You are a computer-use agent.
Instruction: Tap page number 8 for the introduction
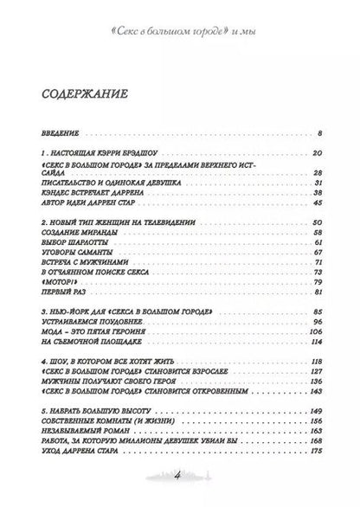coord(319,134)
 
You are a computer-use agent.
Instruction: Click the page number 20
coord(317,153)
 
